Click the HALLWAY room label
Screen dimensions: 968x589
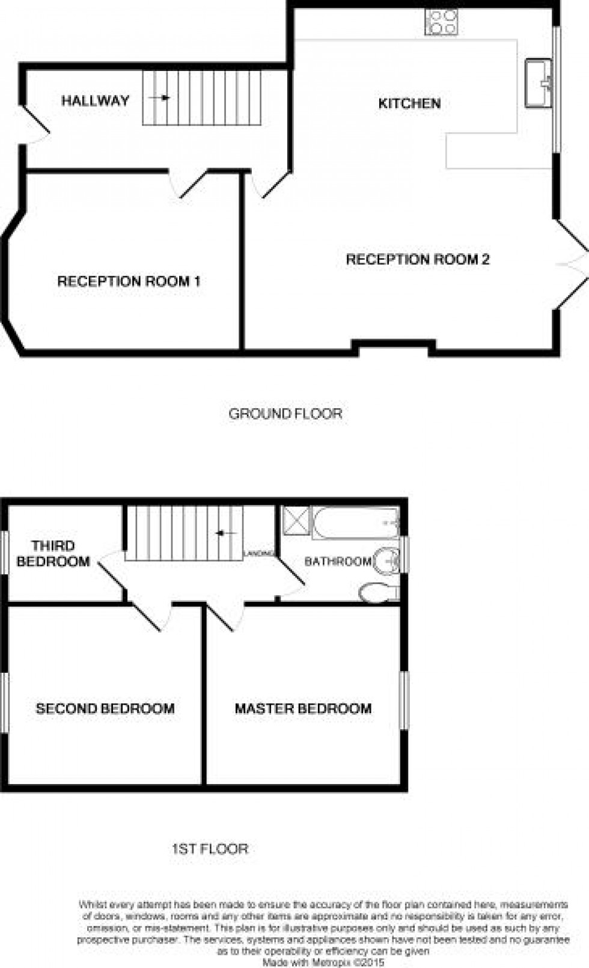point(95,100)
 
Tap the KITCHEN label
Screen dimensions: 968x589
point(409,103)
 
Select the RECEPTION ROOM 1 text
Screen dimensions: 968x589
point(129,281)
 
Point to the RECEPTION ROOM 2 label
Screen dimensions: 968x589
point(418,259)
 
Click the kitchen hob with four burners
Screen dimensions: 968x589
point(442,23)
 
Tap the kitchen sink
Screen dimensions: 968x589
point(538,83)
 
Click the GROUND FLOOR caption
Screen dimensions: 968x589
point(285,414)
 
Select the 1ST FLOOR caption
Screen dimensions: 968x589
point(210,849)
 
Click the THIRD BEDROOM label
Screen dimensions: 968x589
point(53,554)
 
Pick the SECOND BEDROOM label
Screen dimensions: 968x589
point(105,708)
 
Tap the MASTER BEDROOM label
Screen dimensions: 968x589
point(303,708)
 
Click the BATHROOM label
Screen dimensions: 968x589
point(338,562)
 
